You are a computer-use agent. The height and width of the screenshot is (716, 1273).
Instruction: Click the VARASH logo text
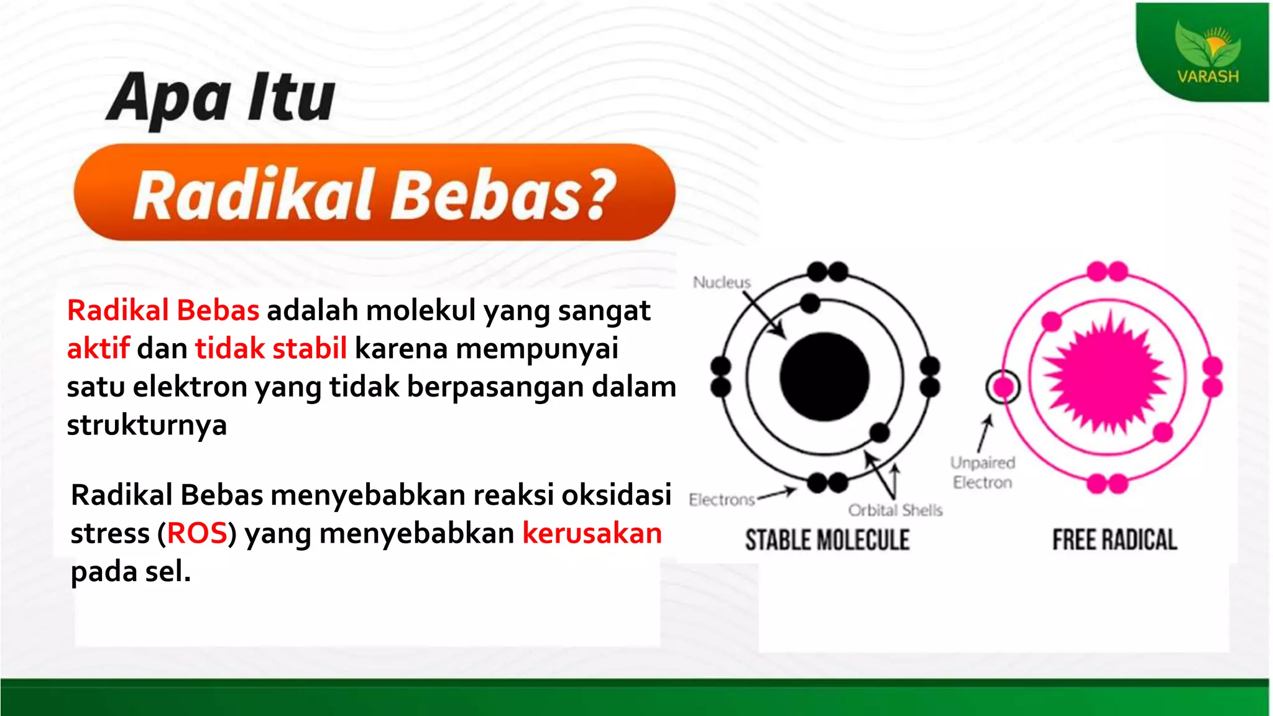point(1208,76)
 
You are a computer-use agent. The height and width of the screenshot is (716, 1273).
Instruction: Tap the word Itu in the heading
point(291,98)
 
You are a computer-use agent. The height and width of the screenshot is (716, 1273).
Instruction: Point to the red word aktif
point(98,348)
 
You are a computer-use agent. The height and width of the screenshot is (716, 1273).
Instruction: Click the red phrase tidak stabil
point(271,348)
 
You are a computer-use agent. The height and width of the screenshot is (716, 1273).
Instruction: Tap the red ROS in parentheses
point(197,533)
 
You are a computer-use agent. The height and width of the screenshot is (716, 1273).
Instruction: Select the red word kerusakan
point(592,533)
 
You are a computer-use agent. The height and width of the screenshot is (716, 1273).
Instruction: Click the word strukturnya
point(147,425)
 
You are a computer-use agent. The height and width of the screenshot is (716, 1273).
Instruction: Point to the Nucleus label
point(722,282)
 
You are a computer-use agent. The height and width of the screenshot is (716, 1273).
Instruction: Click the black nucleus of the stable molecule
point(824,377)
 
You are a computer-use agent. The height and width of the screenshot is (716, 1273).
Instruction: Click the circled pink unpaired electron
point(1003,387)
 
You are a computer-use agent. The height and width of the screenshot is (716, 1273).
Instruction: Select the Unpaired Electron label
point(983,472)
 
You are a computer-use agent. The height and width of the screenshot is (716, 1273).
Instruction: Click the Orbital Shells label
point(895,510)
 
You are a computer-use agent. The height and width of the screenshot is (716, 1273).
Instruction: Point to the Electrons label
point(722,500)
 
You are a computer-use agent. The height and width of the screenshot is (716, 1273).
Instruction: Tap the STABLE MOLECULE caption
point(827,539)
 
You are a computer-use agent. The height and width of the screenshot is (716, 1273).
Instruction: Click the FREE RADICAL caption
point(1114,539)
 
